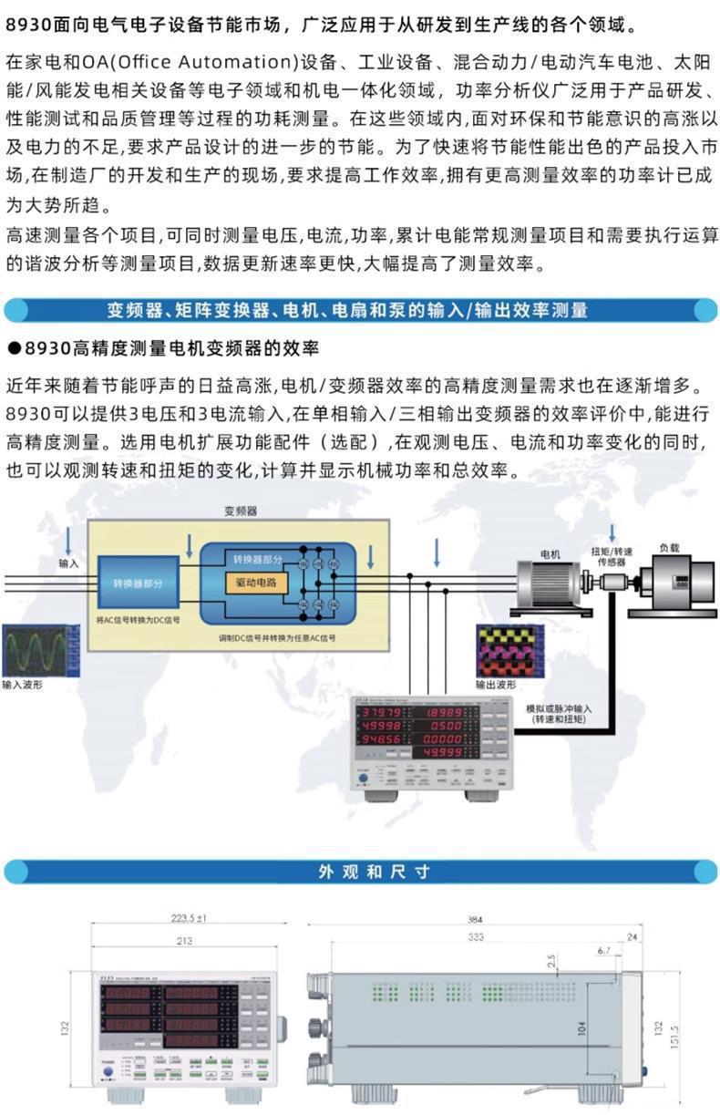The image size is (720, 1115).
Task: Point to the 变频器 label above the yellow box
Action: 241,511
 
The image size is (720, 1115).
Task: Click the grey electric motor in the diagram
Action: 545,583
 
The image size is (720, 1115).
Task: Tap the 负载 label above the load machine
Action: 668,548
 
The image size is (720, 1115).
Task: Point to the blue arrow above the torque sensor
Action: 612,532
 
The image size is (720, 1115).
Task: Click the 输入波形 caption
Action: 22,684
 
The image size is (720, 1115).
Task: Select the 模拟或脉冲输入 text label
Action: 559,707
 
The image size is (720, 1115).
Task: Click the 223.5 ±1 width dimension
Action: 189,919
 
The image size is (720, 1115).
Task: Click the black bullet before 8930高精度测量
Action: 13,347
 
